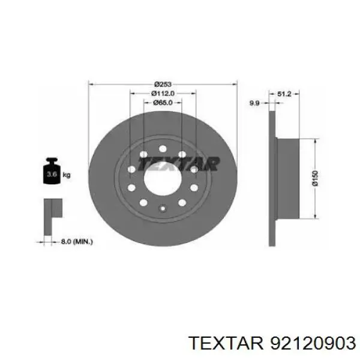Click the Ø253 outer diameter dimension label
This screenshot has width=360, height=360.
pos(163,84)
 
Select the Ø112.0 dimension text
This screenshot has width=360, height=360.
pos(163,94)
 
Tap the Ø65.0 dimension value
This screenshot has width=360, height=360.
pos(163,103)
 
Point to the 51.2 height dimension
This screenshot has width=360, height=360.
pos(284,94)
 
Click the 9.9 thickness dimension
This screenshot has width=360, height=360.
pos(254,103)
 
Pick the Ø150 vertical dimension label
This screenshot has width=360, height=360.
pos(315,178)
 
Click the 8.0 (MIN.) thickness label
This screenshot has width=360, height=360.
pos(77,242)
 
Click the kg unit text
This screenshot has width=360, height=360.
pos(67,175)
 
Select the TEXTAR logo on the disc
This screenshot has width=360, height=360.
pos(178,164)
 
